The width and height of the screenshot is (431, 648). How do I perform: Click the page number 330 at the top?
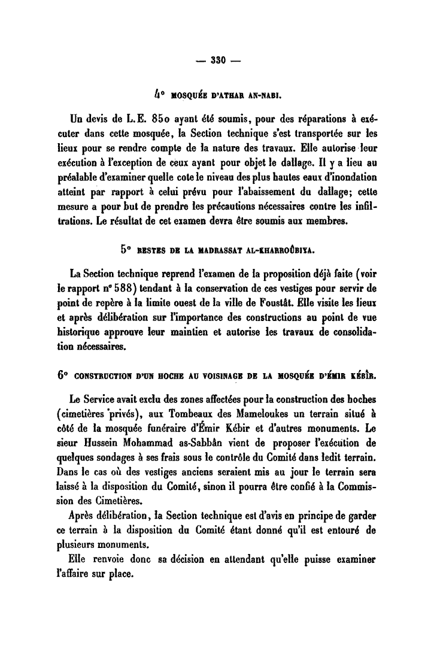(215, 59)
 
